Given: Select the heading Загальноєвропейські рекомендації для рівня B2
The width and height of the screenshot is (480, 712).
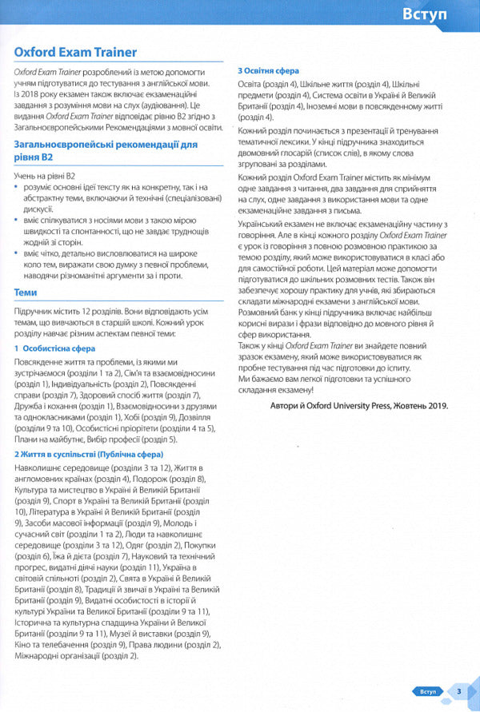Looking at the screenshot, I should click(105, 151).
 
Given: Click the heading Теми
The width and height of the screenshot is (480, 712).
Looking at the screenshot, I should click(26, 292).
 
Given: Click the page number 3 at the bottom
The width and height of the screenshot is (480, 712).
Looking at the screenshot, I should click(458, 691).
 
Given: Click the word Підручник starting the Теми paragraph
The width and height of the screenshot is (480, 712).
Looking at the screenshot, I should click(35, 309).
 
